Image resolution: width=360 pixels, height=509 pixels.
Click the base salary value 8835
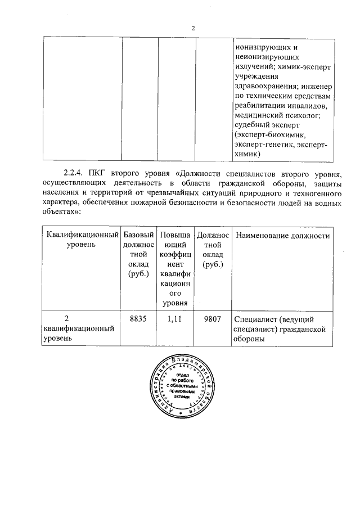tap(138, 318)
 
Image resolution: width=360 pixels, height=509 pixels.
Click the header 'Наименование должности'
tap(283, 235)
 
